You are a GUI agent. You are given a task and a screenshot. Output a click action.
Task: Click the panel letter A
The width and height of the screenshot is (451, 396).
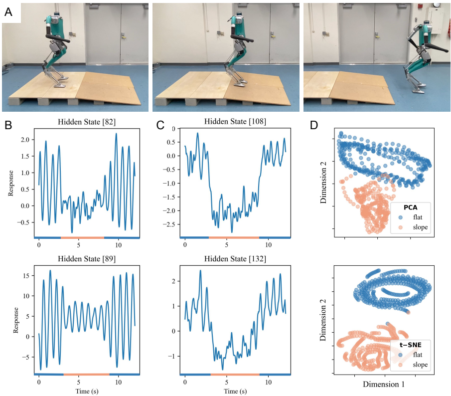pyautogui.click(x=8, y=12)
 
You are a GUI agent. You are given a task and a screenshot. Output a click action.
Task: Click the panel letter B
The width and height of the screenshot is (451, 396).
pyautogui.click(x=8, y=126)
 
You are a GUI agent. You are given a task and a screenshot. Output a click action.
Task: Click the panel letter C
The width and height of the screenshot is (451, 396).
pyautogui.click(x=160, y=126)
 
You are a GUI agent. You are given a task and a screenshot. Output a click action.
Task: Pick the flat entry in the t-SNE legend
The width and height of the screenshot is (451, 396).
pyautogui.click(x=418, y=355)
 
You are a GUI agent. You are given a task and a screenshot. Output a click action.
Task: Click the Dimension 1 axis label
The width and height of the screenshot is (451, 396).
pyautogui.click(x=384, y=385)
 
